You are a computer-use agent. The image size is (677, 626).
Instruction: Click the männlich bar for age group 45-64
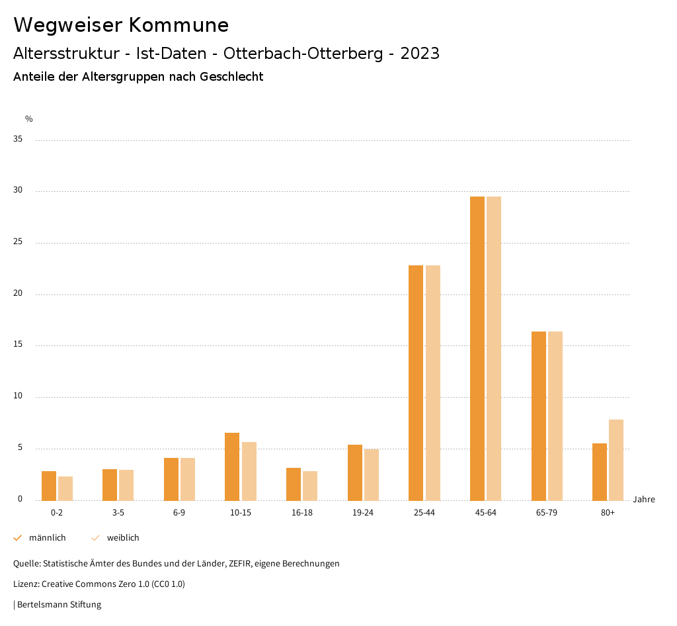[477, 348]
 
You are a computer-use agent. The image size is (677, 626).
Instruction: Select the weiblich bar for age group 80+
[616, 460]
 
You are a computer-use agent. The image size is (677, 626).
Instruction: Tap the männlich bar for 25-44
[416, 382]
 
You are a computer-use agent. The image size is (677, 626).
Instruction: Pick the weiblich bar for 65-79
[555, 416]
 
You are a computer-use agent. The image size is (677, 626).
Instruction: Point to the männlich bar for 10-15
[232, 467]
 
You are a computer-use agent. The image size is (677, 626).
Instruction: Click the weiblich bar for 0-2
[65, 488]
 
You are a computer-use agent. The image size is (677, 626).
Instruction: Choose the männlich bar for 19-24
[355, 472]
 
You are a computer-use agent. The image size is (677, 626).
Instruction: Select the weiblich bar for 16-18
[310, 486]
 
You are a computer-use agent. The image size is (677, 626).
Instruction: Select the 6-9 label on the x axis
[179, 513]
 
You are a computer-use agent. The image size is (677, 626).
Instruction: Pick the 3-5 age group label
[118, 513]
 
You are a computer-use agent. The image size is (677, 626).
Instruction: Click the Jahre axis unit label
[644, 500]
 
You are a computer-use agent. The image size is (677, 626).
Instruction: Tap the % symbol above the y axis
[29, 119]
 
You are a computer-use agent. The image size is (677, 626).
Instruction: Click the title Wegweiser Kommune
[121, 25]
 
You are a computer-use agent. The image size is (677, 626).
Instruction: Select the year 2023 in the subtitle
[420, 54]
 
